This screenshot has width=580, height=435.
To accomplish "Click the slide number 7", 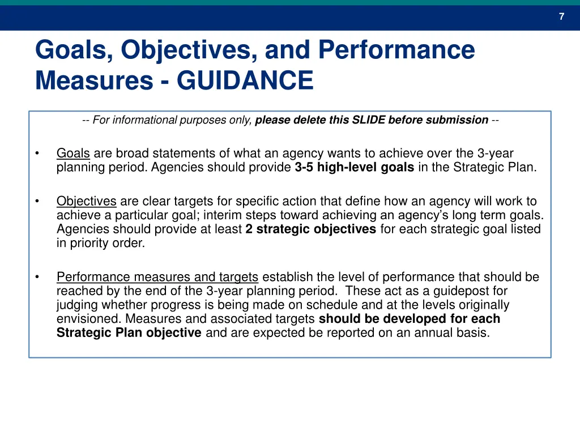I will click(x=561, y=16).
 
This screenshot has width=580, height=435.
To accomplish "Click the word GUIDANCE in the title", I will click(x=245, y=80).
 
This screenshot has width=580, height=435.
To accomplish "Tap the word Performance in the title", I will click(x=396, y=50).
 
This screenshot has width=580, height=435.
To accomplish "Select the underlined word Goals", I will click(x=73, y=153).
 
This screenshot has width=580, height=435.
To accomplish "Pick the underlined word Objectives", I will click(x=86, y=201).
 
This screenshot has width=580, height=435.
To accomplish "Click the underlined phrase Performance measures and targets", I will click(x=157, y=277).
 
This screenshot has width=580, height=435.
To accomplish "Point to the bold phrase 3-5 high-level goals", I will click(x=354, y=168).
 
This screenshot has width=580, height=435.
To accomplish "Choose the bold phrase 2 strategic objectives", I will click(x=310, y=229).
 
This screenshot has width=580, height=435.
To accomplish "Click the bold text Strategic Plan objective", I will click(x=129, y=332).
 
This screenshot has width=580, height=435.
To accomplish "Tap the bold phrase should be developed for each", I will click(x=410, y=319).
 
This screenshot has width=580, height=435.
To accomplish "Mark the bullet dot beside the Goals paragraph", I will click(x=37, y=153).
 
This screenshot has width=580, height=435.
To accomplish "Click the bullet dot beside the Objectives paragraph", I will click(x=37, y=201).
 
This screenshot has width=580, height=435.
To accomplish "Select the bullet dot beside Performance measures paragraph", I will click(x=37, y=277).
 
